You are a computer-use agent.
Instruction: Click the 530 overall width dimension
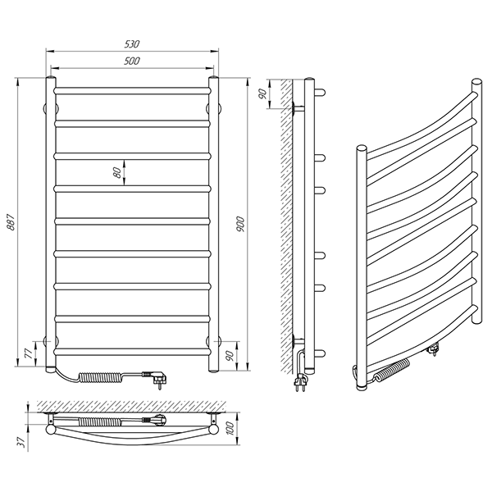[132, 44]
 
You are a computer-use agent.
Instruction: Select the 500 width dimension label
[132, 61]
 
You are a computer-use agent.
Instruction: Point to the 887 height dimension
[11, 222]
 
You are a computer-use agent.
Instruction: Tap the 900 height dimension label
[240, 224]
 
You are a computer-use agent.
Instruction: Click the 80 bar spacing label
[117, 172]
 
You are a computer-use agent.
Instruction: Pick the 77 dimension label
[29, 354]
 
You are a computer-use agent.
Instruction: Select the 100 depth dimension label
[230, 428]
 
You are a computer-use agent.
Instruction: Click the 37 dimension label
[21, 442]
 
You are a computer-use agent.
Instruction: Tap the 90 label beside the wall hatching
[262, 93]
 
